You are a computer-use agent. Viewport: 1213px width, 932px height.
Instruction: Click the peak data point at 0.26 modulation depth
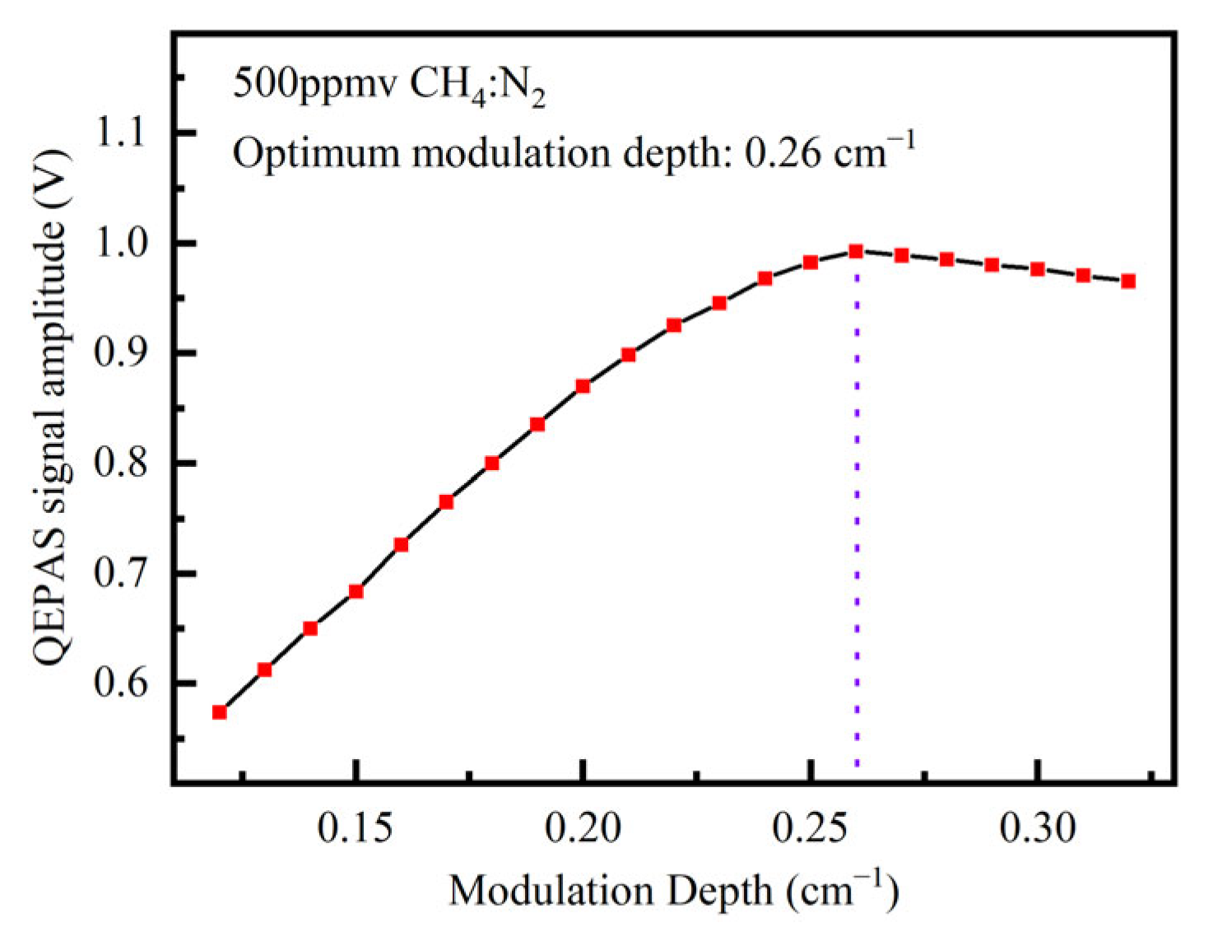(856, 251)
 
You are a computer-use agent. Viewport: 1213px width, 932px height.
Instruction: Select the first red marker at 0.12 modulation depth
(219, 712)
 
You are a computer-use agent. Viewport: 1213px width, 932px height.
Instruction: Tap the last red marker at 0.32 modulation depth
(1128, 281)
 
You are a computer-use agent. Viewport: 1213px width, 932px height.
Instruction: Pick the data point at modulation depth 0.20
(583, 386)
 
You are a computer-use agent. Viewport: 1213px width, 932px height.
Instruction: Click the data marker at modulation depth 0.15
(356, 591)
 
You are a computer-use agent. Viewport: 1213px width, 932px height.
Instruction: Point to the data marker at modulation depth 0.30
(1038, 269)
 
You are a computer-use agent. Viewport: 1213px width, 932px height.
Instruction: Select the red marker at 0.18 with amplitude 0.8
(492, 463)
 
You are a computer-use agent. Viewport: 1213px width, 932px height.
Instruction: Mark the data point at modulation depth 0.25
(811, 263)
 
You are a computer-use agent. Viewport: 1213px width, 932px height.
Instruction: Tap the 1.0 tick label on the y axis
(122, 244)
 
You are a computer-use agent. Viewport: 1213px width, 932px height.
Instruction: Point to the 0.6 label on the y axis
(122, 683)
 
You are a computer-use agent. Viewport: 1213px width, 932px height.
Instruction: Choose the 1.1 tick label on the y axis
(122, 133)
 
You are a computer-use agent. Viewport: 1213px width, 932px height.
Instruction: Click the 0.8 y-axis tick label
(122, 464)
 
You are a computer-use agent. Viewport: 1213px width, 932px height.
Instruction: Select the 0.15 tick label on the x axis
(356, 829)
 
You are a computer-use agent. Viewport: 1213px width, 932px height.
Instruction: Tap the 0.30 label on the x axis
(1038, 829)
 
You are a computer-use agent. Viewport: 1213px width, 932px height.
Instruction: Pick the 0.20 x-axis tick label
(583, 829)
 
